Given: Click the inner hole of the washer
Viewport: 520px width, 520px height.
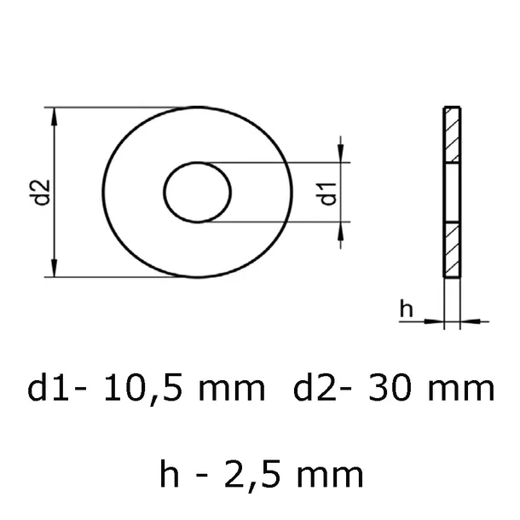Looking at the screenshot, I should (198, 193).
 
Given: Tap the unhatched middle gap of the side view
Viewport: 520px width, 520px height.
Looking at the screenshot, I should (451, 193).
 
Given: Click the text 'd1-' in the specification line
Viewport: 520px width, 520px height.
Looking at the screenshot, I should (58, 390).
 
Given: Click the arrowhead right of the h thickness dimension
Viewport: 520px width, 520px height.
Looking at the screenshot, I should (466, 321).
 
